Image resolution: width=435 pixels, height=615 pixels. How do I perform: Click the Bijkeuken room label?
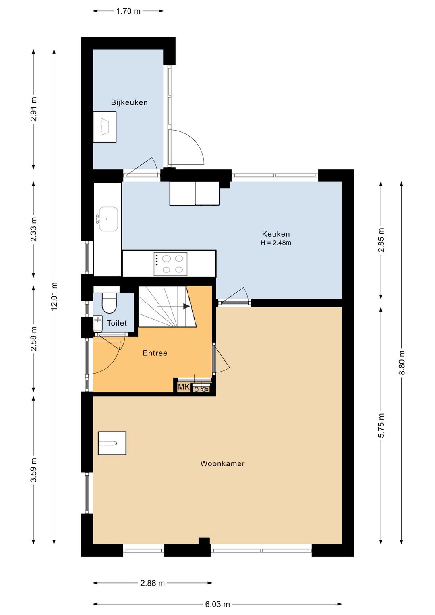129,102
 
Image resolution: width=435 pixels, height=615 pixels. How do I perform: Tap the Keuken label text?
276,234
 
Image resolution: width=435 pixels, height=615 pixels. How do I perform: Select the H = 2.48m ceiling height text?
276,243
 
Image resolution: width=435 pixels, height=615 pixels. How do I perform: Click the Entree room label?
155,353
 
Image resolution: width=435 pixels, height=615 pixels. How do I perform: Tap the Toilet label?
117,323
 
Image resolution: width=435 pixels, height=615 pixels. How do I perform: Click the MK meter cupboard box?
184,387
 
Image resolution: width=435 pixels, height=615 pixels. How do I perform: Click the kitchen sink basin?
108,219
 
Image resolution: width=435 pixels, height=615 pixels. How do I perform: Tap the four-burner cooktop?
170,264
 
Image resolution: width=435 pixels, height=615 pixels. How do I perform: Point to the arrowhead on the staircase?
186,306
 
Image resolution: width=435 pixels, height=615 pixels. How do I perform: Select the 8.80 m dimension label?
402,363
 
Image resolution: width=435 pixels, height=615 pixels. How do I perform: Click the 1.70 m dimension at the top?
128,11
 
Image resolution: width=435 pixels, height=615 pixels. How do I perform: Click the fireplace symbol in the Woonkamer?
112,443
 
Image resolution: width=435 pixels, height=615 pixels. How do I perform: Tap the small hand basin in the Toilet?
98,324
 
